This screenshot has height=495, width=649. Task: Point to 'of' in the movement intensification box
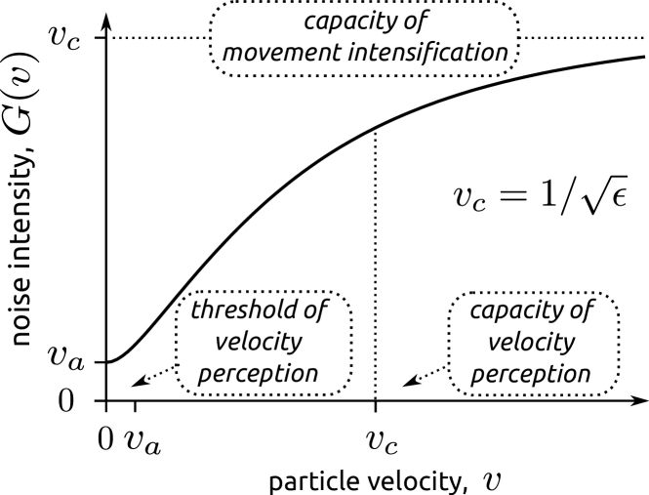[416, 21]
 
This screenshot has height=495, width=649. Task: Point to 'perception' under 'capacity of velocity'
[535, 374]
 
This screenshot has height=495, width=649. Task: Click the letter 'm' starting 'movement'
[233, 53]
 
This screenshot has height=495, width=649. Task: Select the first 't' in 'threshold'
[194, 310]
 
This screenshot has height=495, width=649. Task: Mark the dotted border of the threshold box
[178, 342]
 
